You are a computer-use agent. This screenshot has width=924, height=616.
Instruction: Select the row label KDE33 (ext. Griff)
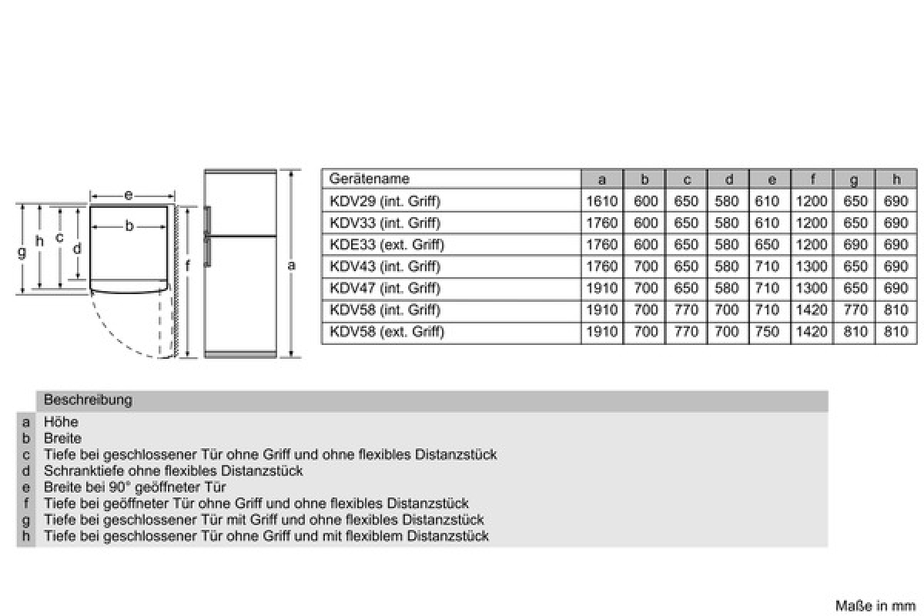click(x=387, y=245)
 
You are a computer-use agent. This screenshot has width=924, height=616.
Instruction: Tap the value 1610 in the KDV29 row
click(x=602, y=201)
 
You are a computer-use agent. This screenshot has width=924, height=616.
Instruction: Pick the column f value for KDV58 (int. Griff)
click(x=812, y=310)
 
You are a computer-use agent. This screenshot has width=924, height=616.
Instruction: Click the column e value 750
click(x=767, y=332)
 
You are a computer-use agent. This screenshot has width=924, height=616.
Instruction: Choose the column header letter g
click(x=853, y=180)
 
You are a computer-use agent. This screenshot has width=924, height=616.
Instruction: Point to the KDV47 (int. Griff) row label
click(x=385, y=288)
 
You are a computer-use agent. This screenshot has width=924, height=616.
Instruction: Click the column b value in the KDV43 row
click(x=645, y=266)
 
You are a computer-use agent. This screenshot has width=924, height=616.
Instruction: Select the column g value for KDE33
click(x=855, y=245)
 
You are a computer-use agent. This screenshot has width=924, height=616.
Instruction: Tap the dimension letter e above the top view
click(x=129, y=195)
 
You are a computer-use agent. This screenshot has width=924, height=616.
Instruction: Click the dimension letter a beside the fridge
click(x=291, y=266)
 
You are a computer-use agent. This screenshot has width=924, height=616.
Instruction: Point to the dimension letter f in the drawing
click(x=188, y=266)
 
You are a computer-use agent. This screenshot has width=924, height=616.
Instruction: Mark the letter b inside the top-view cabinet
click(x=129, y=226)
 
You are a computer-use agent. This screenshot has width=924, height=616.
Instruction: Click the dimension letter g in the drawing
click(x=22, y=252)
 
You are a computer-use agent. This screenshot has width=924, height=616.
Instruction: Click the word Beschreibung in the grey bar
click(x=88, y=400)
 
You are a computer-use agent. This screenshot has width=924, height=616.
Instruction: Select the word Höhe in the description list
click(x=61, y=422)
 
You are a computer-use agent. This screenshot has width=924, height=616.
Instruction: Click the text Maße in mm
click(x=875, y=606)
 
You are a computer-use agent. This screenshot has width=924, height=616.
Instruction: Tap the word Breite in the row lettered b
click(x=62, y=438)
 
